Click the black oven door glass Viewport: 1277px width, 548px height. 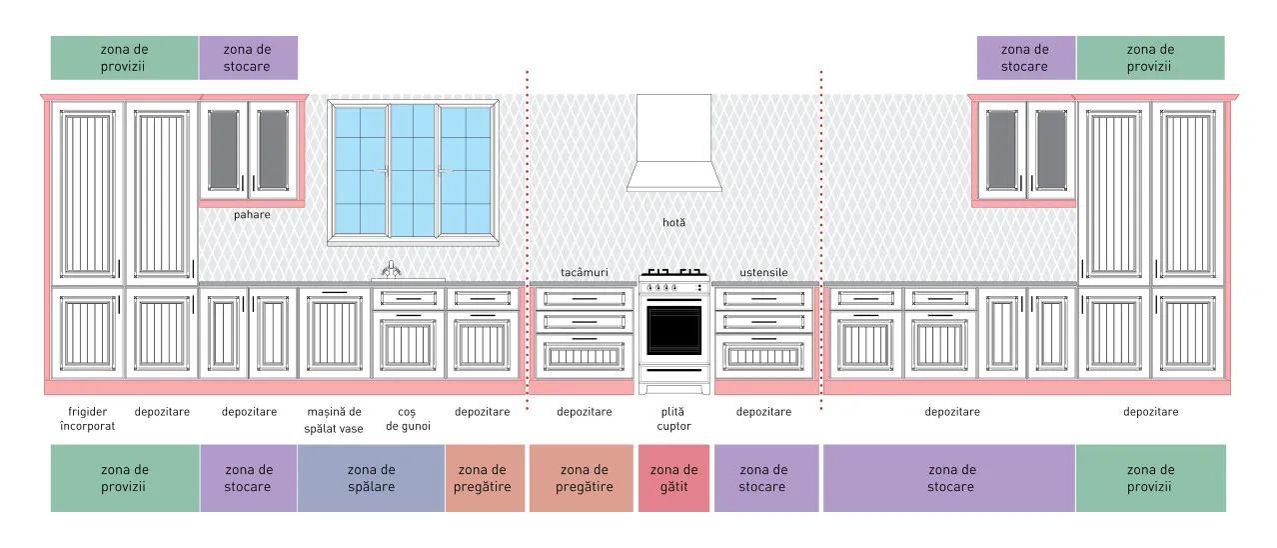tap(673, 330)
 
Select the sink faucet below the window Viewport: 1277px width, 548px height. tap(391, 269)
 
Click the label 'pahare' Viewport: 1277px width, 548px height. tap(252, 215)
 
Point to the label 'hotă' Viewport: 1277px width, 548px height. tap(673, 222)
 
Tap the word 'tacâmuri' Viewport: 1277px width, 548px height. tap(585, 273)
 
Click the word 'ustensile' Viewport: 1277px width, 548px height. tap(764, 273)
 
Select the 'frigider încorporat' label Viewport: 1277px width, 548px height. tap(87, 419)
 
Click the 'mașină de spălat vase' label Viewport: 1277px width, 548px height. tap(334, 420)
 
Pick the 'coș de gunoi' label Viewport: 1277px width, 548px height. tap(408, 419)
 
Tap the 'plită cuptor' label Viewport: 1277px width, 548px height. tap(673, 419)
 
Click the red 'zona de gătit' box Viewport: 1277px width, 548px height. tap(673, 478)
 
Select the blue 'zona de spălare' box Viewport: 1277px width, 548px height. tap(371, 478)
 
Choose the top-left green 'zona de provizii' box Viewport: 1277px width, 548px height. tap(124, 58)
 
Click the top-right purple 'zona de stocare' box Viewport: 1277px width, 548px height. tap(1025, 58)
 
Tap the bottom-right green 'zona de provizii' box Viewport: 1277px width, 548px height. tap(1150, 478)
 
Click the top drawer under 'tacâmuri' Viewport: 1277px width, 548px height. tap(585, 298)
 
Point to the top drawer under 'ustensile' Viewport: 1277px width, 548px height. tap(764, 298)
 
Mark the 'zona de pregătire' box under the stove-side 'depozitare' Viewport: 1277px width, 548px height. tap(582, 478)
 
